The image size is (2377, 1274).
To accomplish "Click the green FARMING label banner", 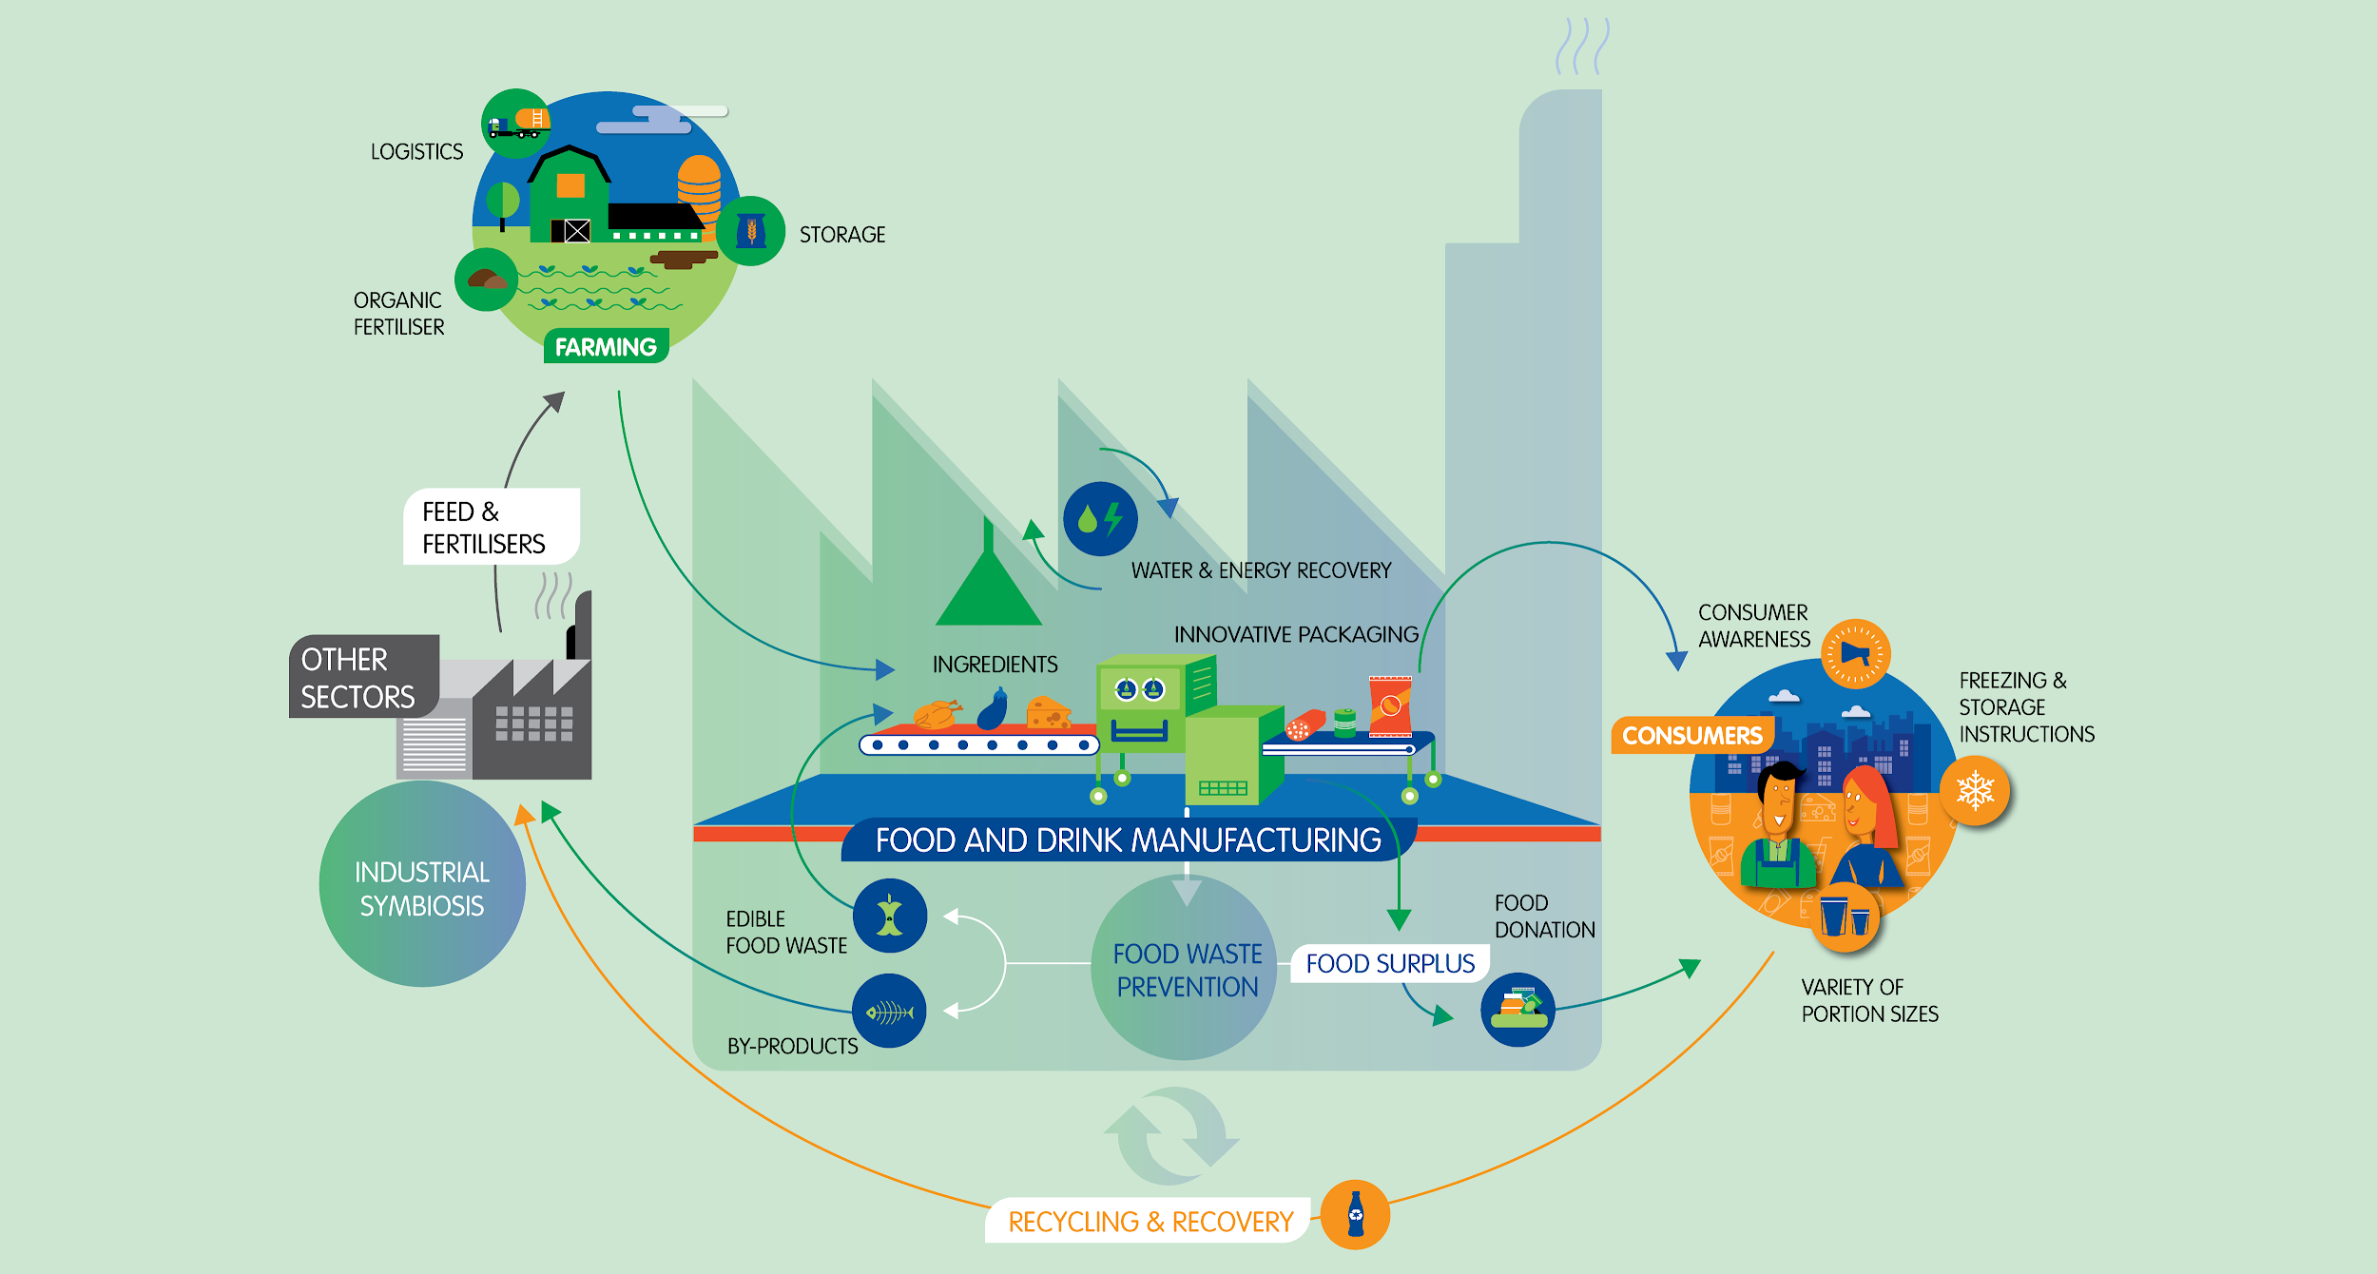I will [606, 347].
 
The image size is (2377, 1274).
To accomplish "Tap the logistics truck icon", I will [516, 124].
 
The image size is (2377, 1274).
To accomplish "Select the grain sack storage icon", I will [751, 231].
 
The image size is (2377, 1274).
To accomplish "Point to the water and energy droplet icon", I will [1100, 519].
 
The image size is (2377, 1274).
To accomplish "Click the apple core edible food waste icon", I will [889, 916].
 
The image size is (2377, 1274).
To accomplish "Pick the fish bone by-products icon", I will [889, 1011].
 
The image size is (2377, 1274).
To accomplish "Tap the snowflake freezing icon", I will [1975, 791].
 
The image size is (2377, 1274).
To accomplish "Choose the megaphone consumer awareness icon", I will [1855, 653].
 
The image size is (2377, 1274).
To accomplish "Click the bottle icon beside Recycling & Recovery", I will [1355, 1214].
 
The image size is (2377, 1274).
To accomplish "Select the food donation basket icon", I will [1517, 1009].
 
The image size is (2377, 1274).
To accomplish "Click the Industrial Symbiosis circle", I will [422, 884].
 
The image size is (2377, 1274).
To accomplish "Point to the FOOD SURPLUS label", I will [1390, 963].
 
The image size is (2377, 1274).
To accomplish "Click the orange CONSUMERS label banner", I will [1691, 735].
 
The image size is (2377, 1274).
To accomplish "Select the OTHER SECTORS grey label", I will [362, 677].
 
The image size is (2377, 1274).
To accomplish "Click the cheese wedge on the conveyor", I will [1048, 713].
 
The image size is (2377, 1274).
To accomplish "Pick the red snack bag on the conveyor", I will [1389, 705].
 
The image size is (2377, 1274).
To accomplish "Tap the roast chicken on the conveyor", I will [937, 714].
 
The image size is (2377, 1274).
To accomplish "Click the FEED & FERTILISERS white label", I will [490, 527].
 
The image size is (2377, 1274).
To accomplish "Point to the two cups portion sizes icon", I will [1845, 917].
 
